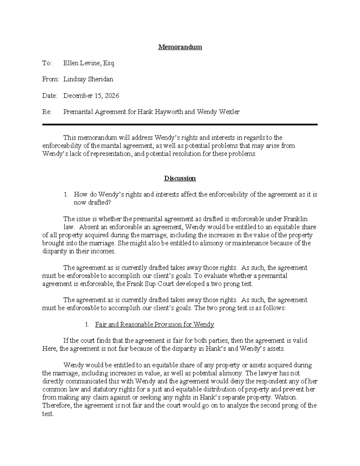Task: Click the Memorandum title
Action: click(180, 47)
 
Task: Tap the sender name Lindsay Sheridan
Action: click(88, 80)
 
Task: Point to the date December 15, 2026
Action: click(91, 96)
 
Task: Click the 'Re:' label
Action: click(47, 112)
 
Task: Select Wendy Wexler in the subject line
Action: click(218, 112)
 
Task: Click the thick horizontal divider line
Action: click(180, 124)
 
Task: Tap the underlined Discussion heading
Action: click(180, 179)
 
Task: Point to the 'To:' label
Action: click(47, 63)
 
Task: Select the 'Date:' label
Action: click(50, 96)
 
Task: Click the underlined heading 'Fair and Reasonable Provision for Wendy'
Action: click(154, 324)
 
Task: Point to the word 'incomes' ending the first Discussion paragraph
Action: click(104, 251)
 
